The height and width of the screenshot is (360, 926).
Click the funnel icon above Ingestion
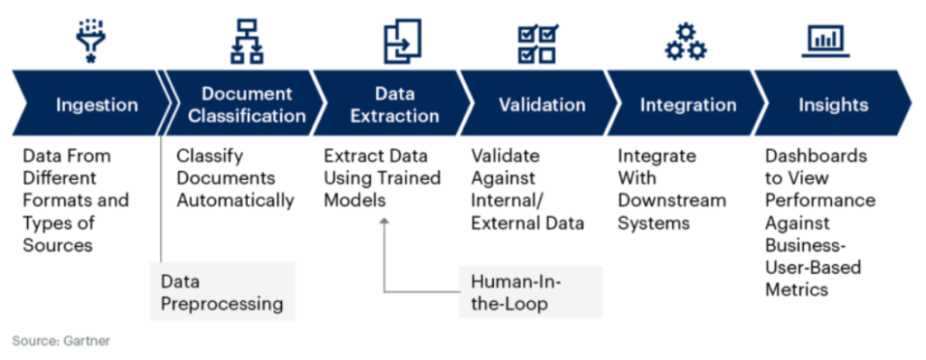(91, 40)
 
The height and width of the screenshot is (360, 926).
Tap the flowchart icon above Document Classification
(247, 41)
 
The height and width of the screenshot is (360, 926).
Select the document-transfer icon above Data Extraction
(402, 41)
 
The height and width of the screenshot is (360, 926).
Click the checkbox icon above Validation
(538, 43)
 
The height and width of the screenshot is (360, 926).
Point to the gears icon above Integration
(685, 42)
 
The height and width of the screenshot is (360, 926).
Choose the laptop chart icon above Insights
(826, 41)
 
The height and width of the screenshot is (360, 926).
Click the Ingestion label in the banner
(97, 105)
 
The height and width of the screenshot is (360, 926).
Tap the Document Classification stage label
(247, 104)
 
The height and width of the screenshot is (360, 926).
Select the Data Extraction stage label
(394, 104)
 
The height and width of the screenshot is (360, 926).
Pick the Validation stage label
(543, 105)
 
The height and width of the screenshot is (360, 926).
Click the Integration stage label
(688, 105)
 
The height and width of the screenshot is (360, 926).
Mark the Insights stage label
(833, 105)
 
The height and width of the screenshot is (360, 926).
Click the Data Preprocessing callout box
(222, 291)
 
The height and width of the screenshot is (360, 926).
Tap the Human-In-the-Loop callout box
(531, 291)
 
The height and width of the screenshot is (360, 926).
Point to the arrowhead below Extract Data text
(384, 221)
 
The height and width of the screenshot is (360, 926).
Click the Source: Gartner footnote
(61, 341)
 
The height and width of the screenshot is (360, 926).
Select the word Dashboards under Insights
(817, 156)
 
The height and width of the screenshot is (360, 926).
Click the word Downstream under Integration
(672, 201)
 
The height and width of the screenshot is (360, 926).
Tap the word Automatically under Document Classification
(236, 201)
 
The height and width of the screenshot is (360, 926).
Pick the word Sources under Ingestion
(58, 245)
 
